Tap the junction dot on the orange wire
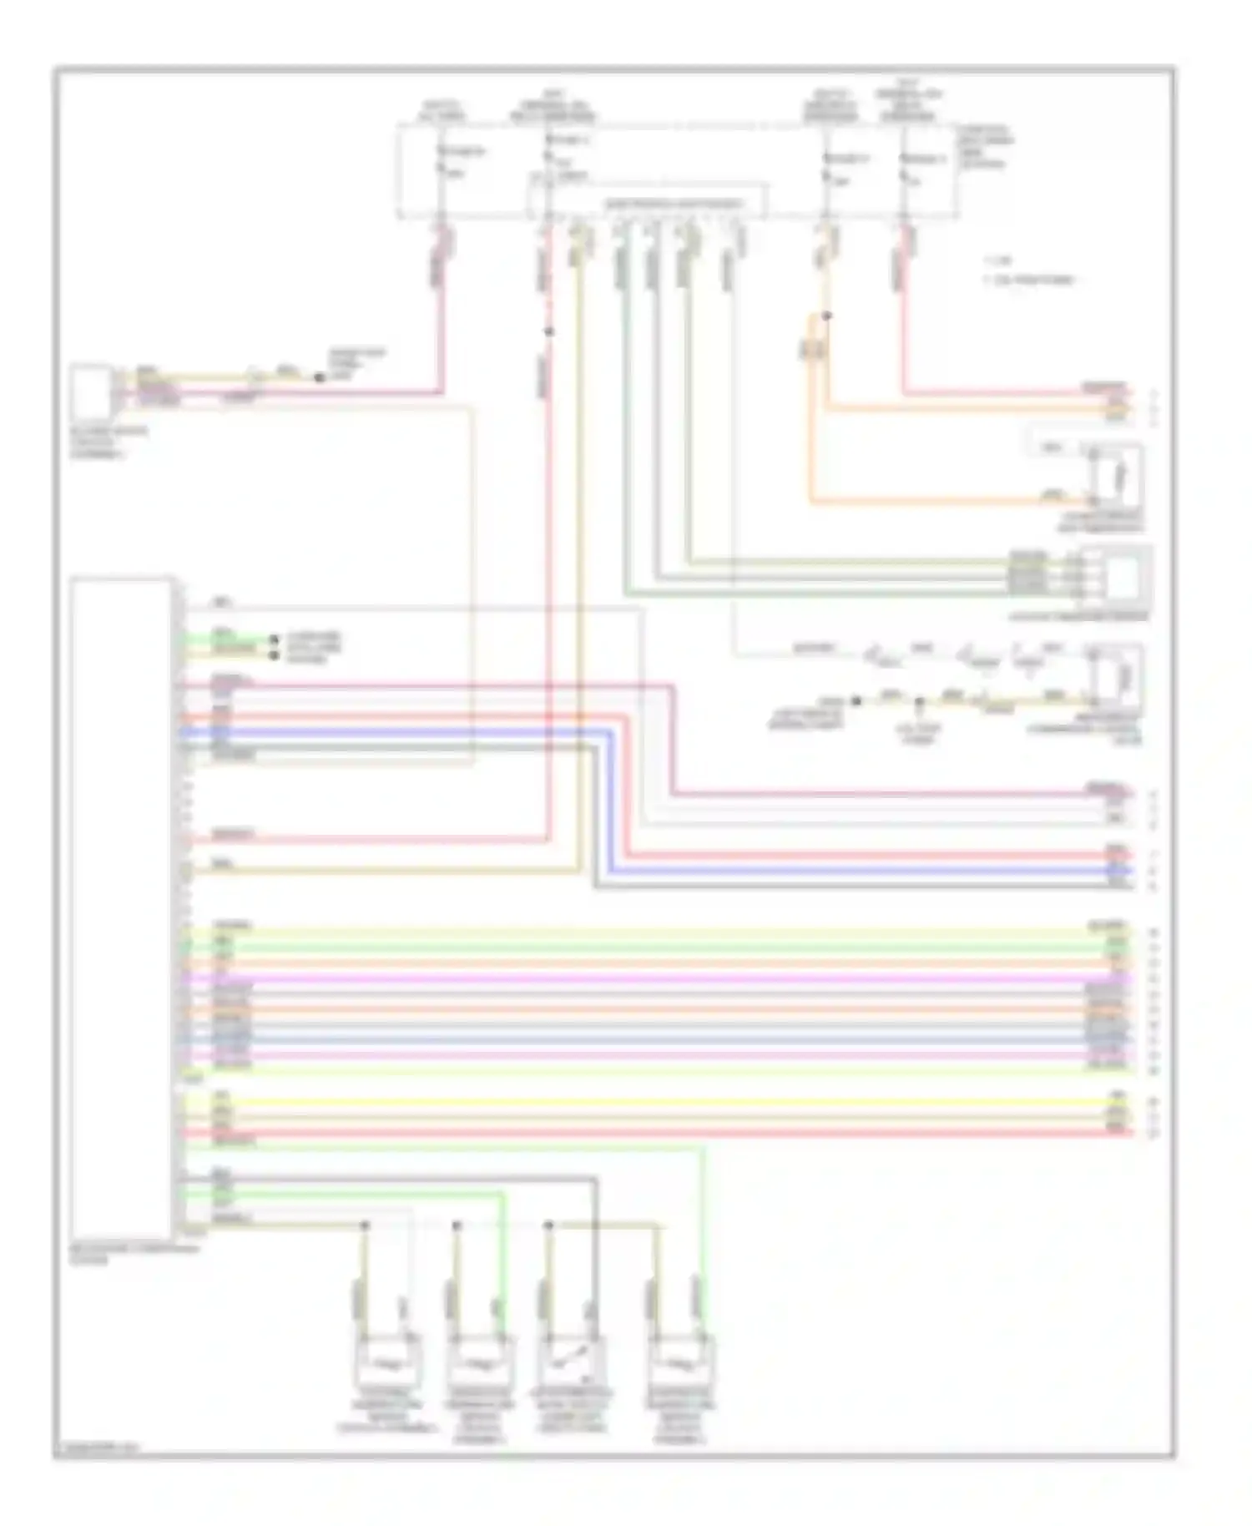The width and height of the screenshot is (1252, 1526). [x=826, y=316]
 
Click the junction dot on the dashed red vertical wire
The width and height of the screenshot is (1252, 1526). [x=548, y=332]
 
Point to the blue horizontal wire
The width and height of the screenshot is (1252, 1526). [x=835, y=870]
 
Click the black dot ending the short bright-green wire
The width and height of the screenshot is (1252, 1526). [x=273, y=639]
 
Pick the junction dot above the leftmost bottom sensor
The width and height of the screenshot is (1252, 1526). [x=365, y=1225]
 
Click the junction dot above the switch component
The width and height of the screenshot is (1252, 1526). [x=548, y=1225]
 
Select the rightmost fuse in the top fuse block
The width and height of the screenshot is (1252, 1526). [x=904, y=167]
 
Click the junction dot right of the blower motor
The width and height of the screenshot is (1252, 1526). [x=319, y=377]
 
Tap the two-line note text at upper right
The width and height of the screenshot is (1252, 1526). [x=1028, y=270]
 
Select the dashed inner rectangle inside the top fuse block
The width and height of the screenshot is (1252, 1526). [x=647, y=200]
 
